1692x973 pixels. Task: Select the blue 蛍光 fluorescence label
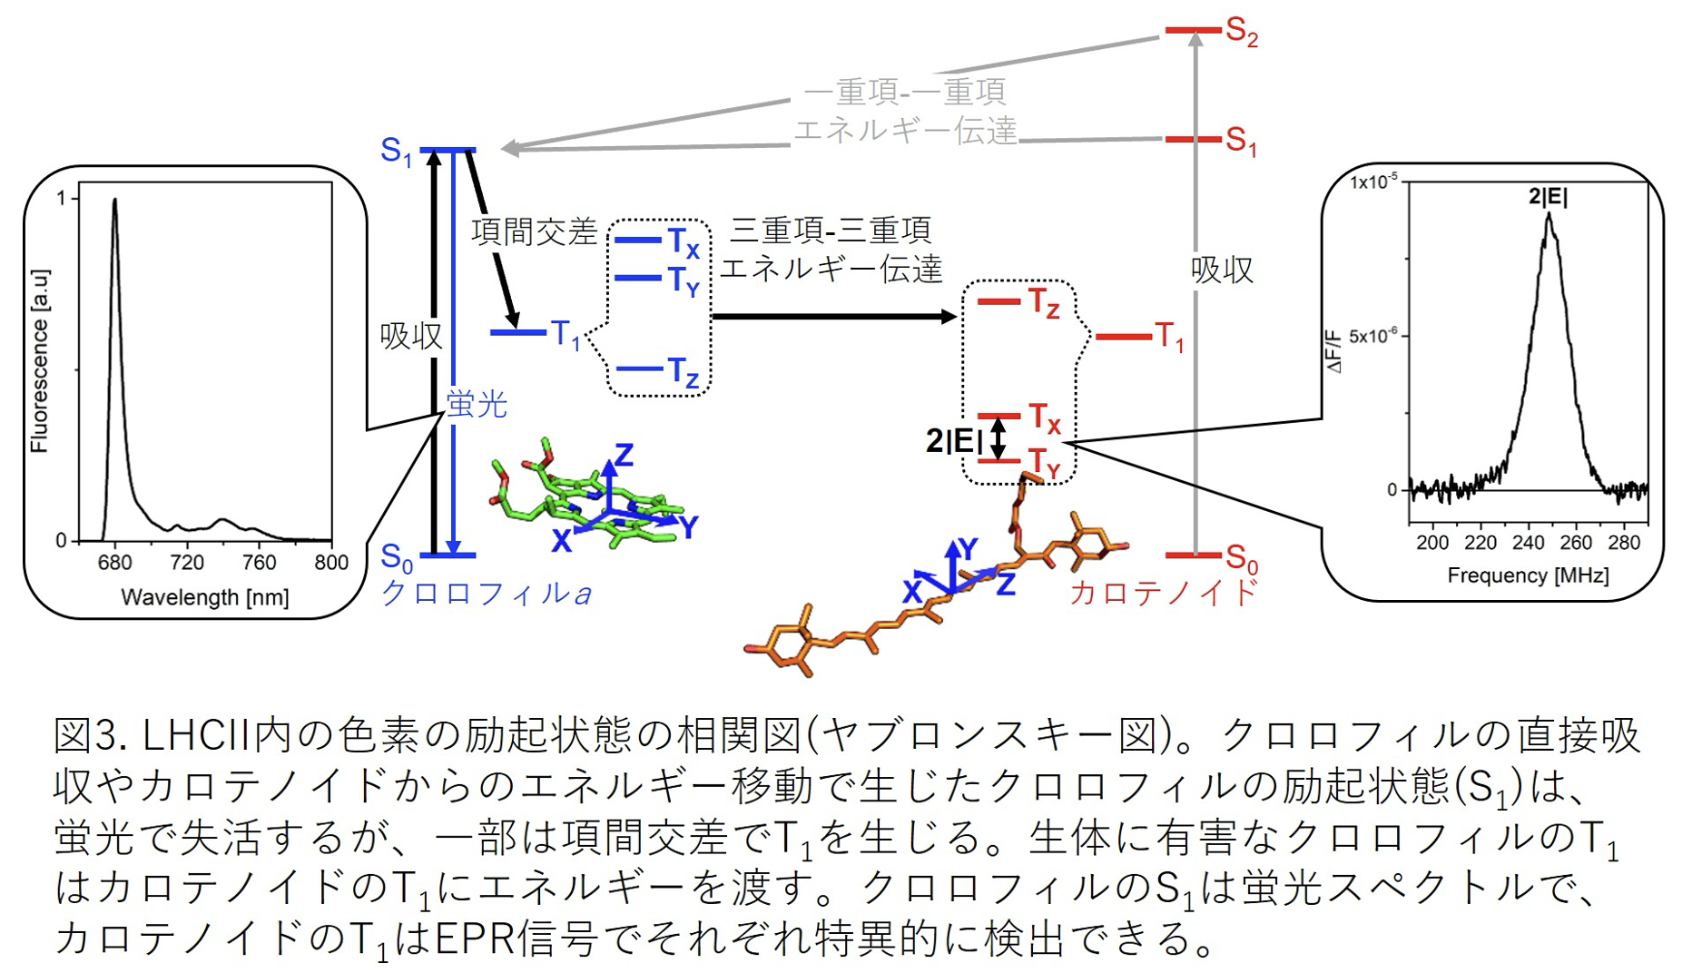477,404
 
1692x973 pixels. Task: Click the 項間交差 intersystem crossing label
534,232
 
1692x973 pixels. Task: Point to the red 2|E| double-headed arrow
998,439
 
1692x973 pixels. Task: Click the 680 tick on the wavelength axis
114,563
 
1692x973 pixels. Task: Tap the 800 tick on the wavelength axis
331,563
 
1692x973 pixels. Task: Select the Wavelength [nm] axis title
205,597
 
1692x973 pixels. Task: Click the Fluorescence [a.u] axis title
39,361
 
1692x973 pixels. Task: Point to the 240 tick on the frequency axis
1528,543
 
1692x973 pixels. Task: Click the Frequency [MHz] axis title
1528,575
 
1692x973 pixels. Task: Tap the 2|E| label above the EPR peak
1548,197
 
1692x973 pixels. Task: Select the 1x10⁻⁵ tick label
1372,182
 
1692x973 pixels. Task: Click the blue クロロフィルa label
486,594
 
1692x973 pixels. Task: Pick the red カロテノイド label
1164,593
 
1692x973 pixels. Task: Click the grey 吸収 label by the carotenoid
1222,270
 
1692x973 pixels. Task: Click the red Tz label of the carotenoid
1044,303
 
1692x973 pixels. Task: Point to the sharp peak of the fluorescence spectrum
114,201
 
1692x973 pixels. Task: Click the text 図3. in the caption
86,736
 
